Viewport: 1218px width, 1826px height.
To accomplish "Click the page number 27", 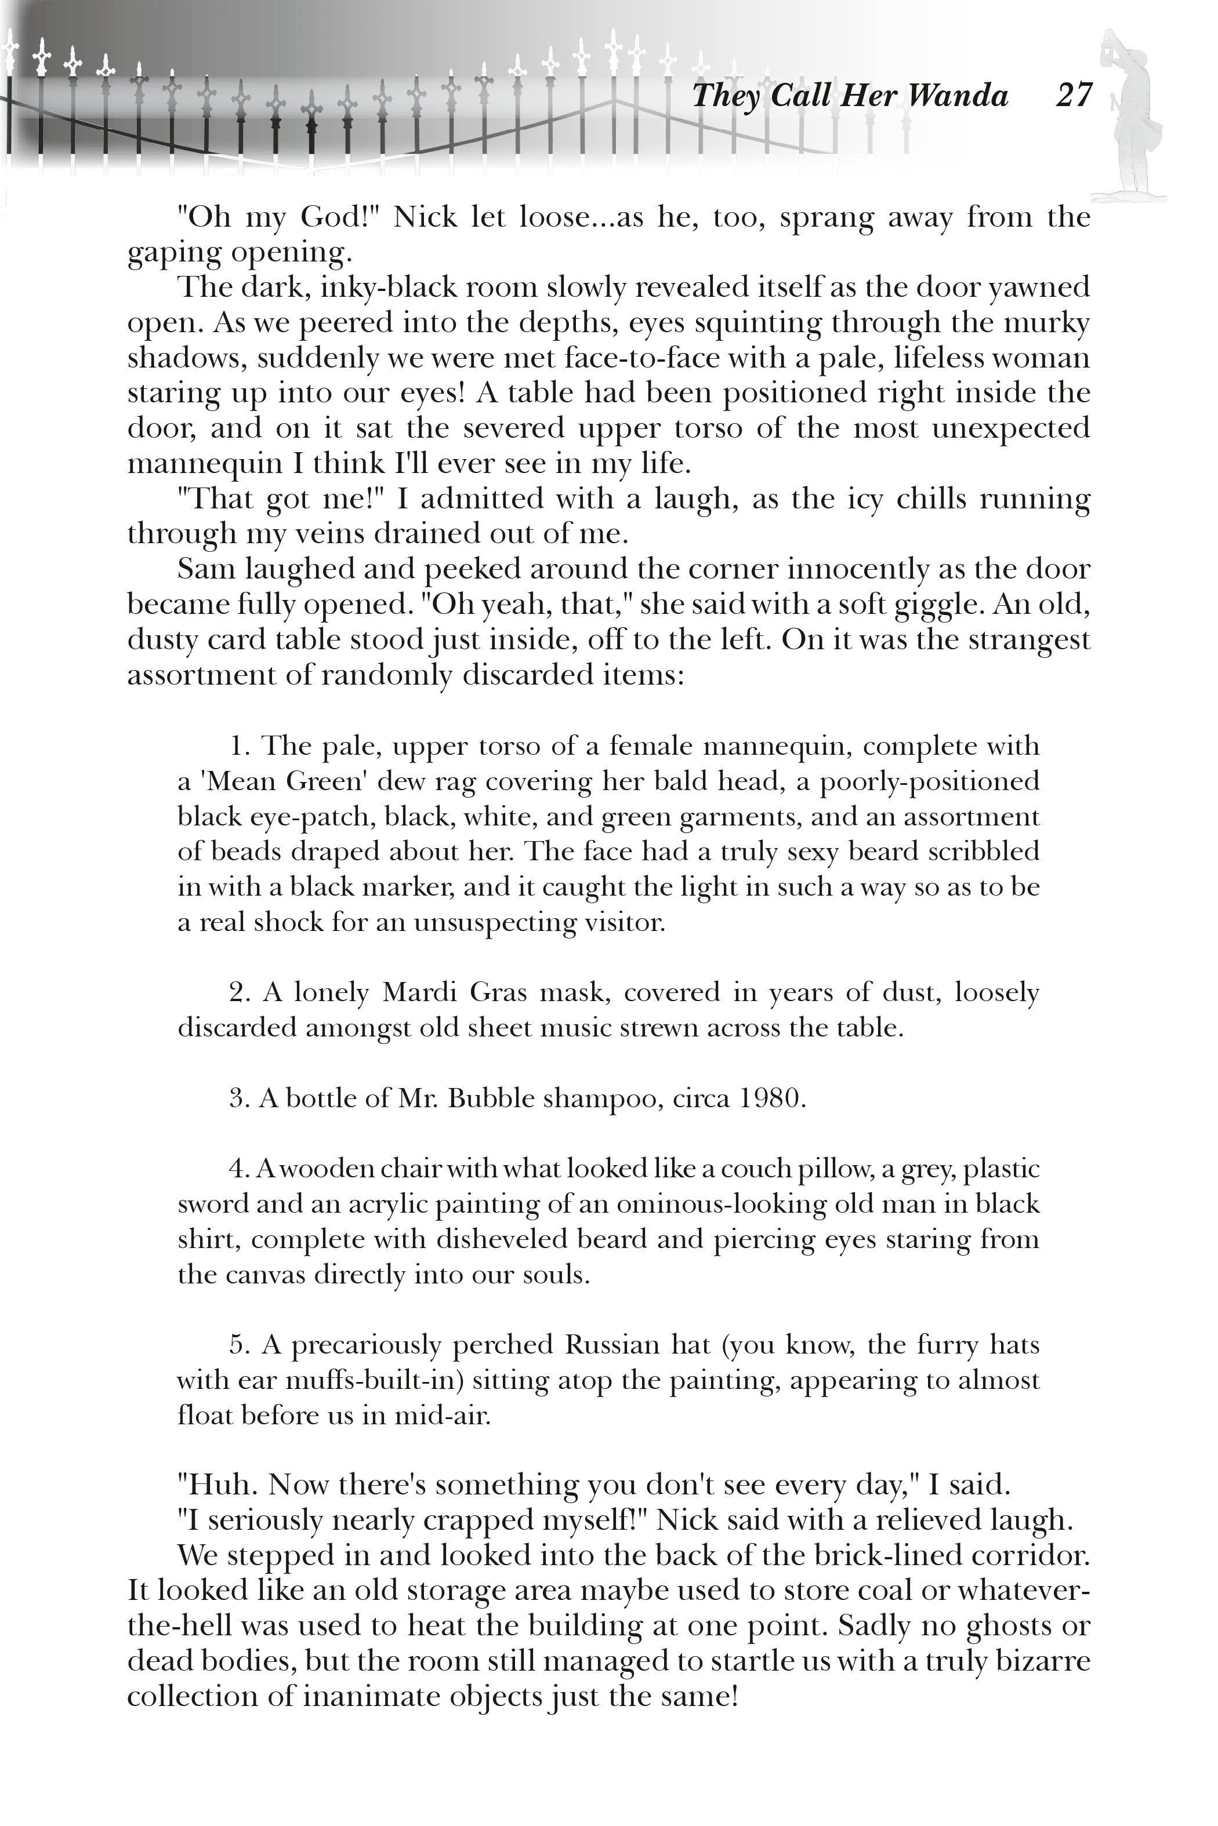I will tap(1074, 96).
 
